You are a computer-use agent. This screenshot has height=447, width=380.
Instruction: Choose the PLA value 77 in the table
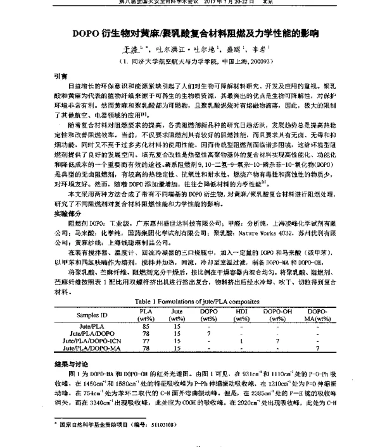(146, 340)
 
